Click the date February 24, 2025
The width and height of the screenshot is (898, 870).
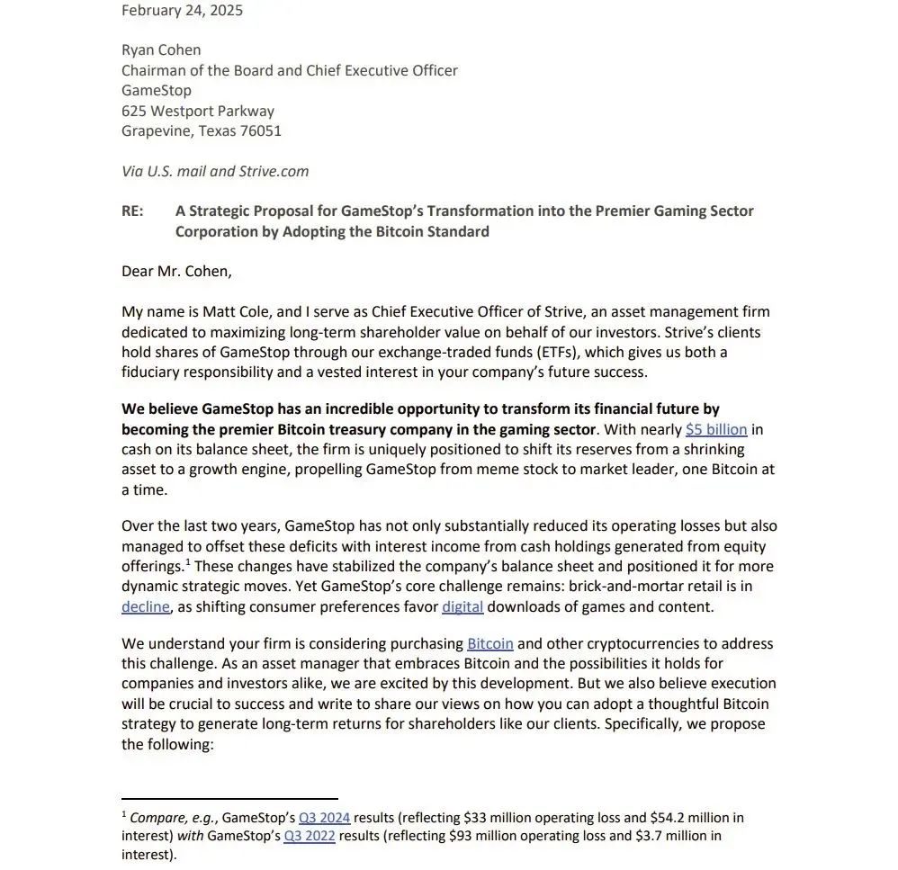(182, 11)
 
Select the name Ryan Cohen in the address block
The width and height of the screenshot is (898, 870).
(161, 49)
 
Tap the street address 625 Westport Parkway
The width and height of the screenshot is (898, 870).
(198, 111)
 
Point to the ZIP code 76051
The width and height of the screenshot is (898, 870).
(260, 130)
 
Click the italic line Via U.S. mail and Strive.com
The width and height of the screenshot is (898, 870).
(215, 171)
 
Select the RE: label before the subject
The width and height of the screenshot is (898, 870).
(135, 211)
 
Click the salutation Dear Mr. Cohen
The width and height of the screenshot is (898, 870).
(176, 271)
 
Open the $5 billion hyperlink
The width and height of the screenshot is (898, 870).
(715, 429)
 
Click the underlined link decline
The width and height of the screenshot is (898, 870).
(145, 606)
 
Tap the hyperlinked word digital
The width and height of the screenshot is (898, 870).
(462, 606)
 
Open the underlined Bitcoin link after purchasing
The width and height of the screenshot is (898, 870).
(489, 643)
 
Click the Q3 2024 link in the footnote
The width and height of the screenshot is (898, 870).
(325, 818)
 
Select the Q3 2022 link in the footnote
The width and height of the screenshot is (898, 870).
(310, 836)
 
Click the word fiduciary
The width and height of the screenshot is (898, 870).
(157, 372)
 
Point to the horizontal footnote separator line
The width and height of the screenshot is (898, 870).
(229, 798)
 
